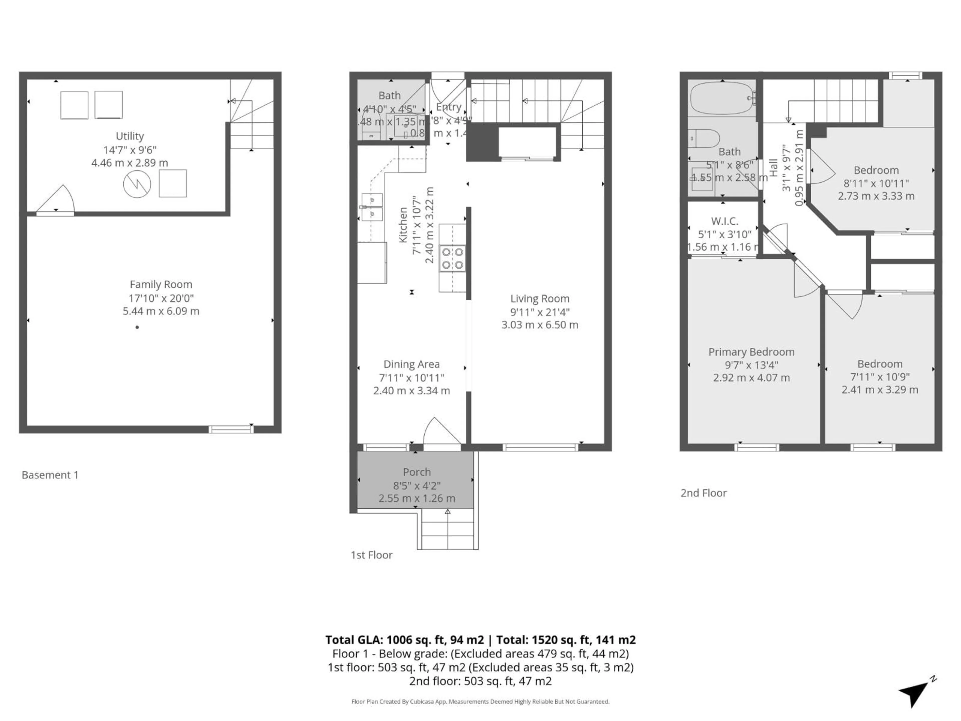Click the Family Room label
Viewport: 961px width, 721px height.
[x=161, y=284]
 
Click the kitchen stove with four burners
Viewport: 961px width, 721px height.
[x=452, y=259]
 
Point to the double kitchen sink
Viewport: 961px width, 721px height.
[x=372, y=207]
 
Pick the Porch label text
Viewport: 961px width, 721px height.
[x=417, y=472]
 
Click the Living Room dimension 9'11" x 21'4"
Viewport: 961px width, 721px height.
[x=540, y=312]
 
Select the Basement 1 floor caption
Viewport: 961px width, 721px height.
[x=50, y=475]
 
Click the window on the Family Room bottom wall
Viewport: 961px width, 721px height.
[x=231, y=429]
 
